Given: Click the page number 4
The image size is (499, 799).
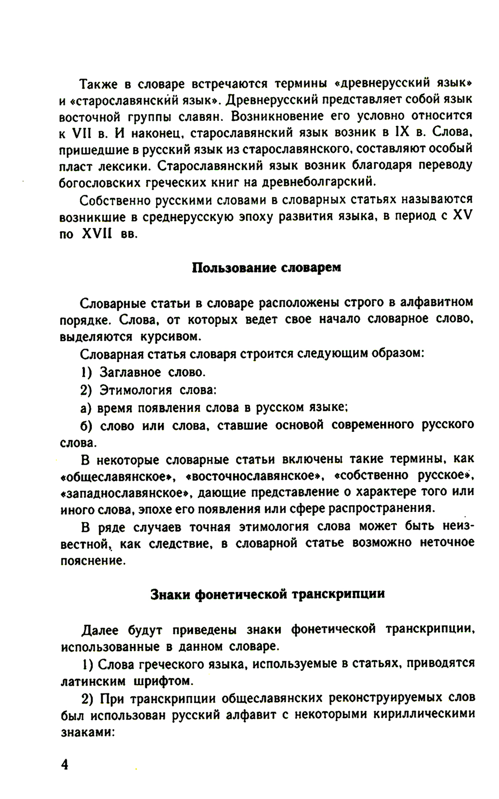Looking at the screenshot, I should [65, 765].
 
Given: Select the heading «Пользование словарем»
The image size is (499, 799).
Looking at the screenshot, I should [266, 267].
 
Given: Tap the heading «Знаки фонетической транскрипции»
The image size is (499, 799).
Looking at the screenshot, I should [267, 594].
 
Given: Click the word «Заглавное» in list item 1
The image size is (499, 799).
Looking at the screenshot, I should [130, 372].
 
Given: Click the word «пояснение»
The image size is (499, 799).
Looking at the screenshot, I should [91, 560].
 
